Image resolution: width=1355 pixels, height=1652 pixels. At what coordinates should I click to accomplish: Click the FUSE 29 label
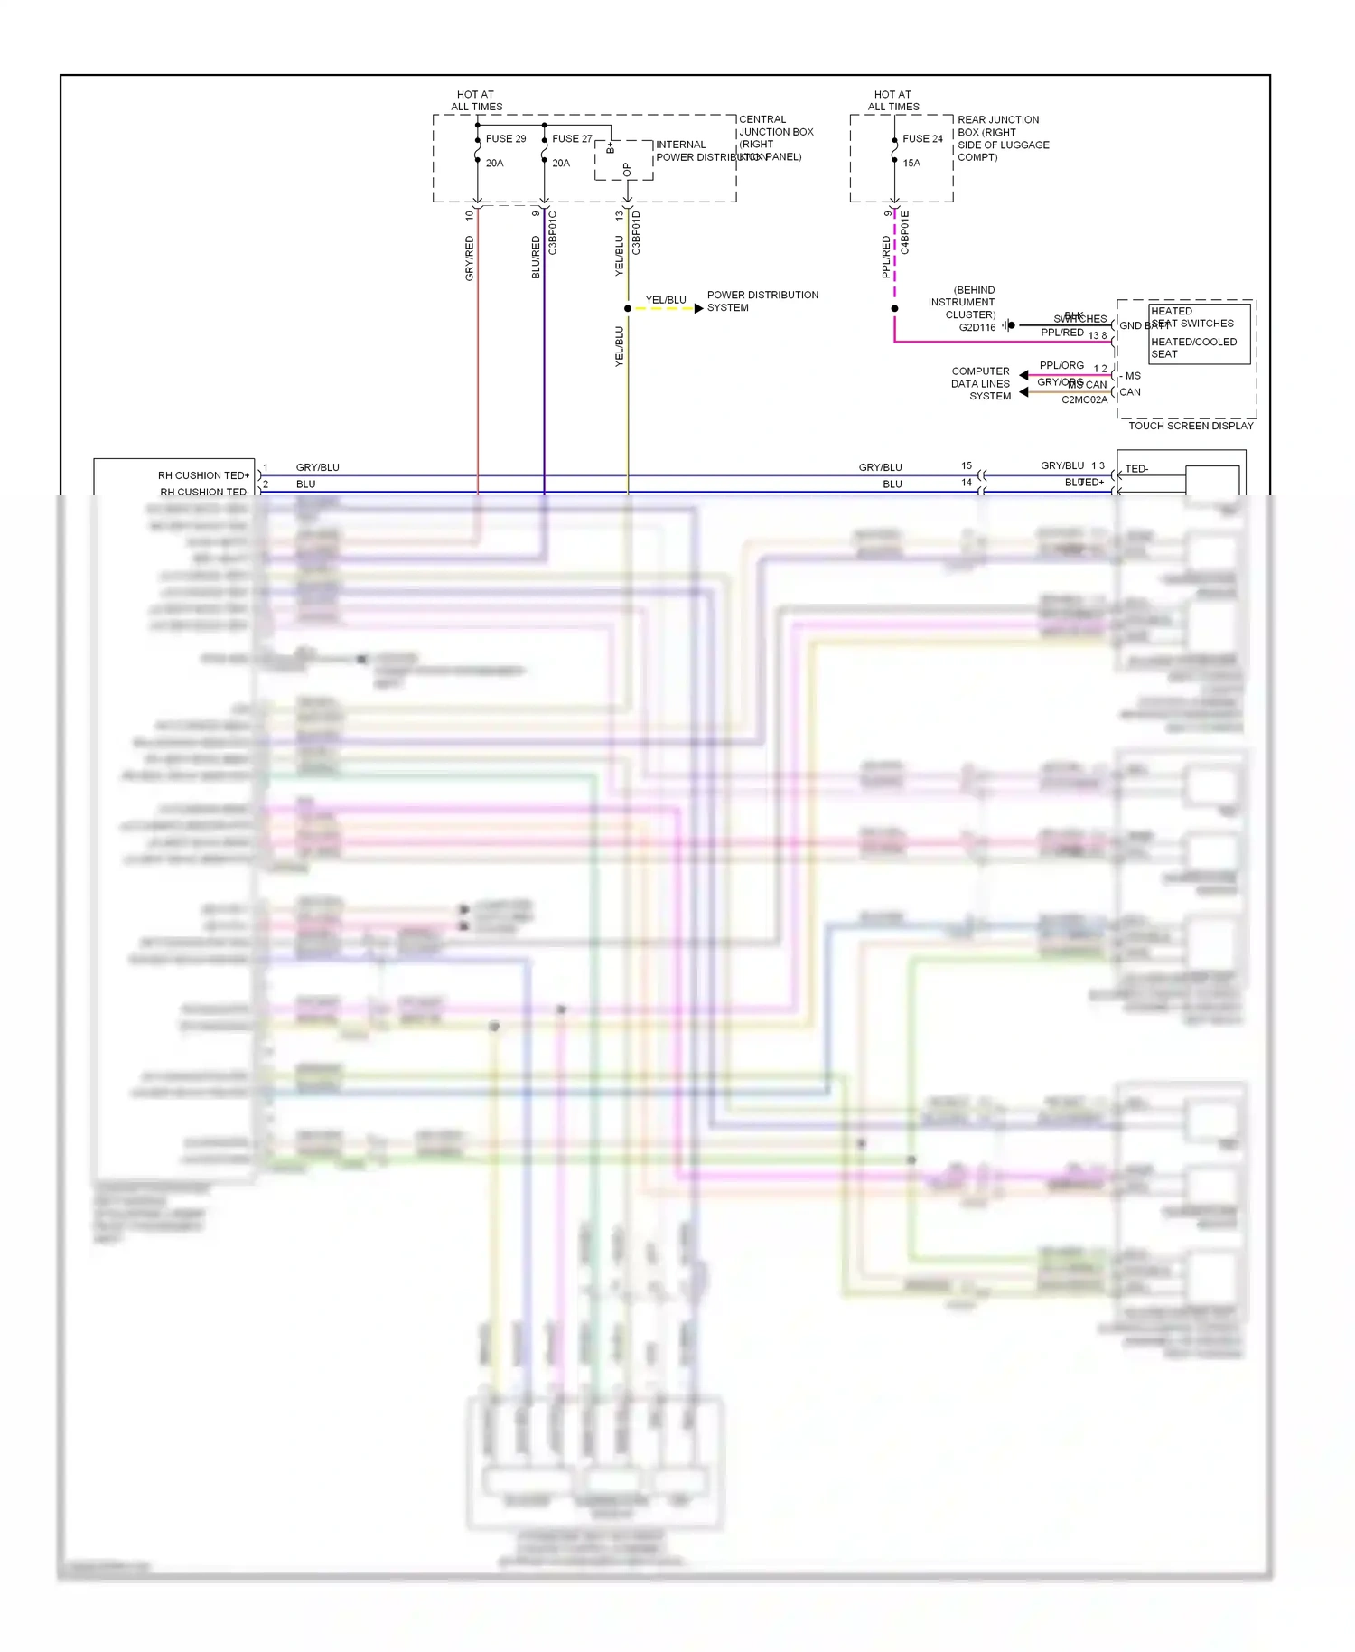[505, 139]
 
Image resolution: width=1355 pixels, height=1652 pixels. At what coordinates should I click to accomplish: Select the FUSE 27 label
[572, 139]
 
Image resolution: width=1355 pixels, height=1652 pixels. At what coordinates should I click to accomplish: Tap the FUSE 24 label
[922, 139]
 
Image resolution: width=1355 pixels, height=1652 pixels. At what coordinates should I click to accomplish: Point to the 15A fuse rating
[911, 164]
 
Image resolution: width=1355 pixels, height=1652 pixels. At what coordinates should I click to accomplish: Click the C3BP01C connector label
[553, 233]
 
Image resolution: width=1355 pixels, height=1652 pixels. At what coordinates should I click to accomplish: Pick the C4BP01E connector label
[905, 232]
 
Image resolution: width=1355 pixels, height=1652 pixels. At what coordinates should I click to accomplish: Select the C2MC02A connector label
[1084, 400]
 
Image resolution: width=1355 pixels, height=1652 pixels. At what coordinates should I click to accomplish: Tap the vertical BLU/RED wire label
[536, 258]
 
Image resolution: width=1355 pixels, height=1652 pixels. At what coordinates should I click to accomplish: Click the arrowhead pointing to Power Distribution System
[698, 309]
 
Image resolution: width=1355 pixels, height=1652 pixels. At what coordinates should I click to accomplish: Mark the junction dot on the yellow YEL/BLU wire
[628, 309]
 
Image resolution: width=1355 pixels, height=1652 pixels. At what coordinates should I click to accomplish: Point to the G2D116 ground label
[977, 328]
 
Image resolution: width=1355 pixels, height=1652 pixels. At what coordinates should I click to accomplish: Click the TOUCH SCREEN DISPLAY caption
[1191, 426]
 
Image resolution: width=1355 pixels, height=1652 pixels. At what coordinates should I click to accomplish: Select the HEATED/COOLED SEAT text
[1193, 348]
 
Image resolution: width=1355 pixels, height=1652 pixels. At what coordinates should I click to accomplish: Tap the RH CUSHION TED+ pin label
[203, 475]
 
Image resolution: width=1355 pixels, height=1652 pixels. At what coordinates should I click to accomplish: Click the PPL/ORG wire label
[1061, 366]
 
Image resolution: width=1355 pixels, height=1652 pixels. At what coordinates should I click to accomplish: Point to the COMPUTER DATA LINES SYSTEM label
[981, 384]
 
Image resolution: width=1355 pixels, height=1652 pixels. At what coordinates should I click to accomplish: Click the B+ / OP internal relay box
[623, 160]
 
